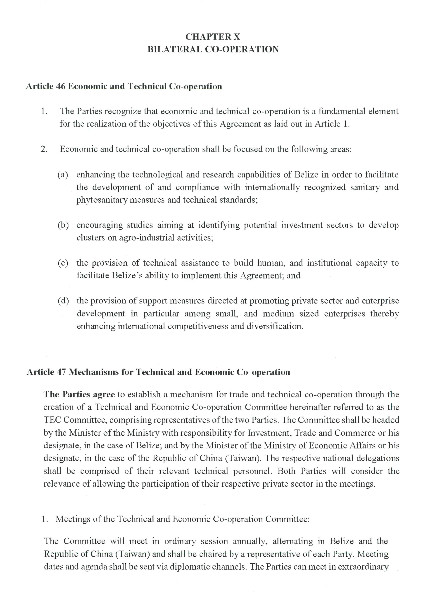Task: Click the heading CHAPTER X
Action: point(213,37)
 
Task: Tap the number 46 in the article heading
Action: point(60,86)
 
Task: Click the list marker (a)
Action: point(63,175)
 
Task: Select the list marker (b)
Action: point(63,225)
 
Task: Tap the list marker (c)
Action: point(63,263)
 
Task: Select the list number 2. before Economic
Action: point(44,149)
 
